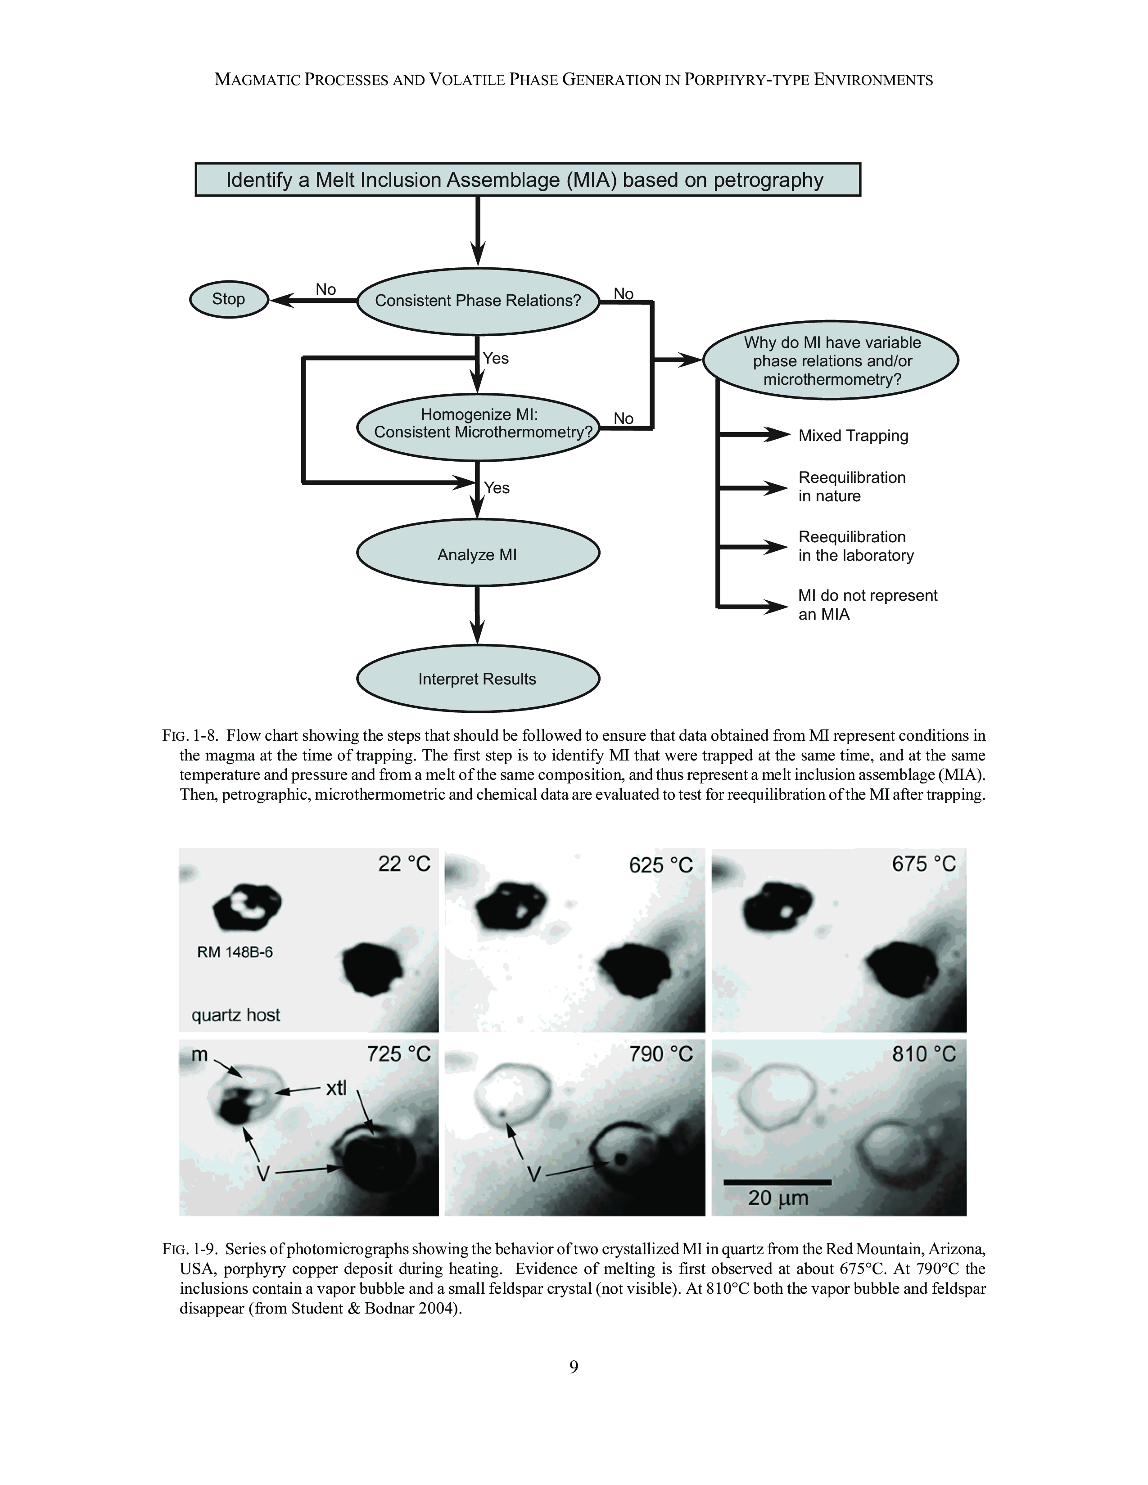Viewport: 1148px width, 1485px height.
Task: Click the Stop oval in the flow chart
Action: click(229, 299)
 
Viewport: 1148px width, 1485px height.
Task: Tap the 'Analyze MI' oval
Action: click(477, 555)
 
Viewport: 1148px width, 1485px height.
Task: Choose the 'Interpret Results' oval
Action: click(477, 679)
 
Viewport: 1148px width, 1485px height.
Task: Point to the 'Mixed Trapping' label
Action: click(853, 436)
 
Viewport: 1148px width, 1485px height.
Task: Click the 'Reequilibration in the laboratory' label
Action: click(855, 546)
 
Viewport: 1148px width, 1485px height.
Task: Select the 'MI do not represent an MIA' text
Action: click(867, 604)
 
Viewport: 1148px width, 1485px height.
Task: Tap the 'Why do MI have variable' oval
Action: click(831, 361)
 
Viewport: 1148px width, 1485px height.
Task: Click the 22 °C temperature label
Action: click(404, 864)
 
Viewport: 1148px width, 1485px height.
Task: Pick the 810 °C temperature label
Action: click(923, 1055)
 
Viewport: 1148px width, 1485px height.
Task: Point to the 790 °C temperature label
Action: click(660, 1055)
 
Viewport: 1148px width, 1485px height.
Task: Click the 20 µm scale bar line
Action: click(777, 1183)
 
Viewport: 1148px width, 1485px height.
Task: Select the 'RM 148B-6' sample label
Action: click(235, 952)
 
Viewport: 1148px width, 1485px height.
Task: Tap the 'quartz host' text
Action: click(235, 1015)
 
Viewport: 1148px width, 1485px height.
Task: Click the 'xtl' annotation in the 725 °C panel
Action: click(336, 1089)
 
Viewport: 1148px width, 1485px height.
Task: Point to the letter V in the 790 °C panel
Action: click(534, 1174)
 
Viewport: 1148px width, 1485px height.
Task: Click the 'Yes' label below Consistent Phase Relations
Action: click(496, 358)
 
